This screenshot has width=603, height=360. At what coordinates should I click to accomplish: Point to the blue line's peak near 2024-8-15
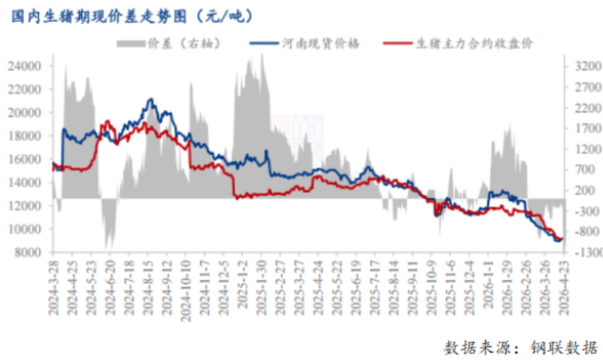point(151,99)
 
